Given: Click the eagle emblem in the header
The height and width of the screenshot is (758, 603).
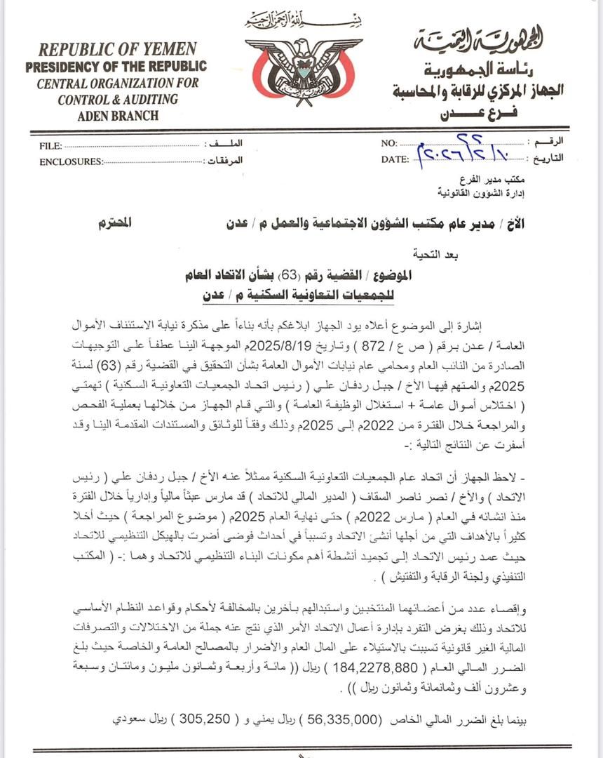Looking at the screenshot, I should click(303, 69).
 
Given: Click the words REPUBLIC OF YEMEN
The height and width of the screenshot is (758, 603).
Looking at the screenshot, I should click(117, 51).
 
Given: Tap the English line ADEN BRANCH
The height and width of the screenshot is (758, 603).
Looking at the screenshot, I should click(118, 116).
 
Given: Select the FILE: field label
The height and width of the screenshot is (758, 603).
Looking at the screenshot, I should click(50, 146).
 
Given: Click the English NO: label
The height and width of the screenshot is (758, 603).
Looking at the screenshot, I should click(389, 144).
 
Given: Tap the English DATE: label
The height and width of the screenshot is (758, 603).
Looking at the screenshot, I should click(395, 159).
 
